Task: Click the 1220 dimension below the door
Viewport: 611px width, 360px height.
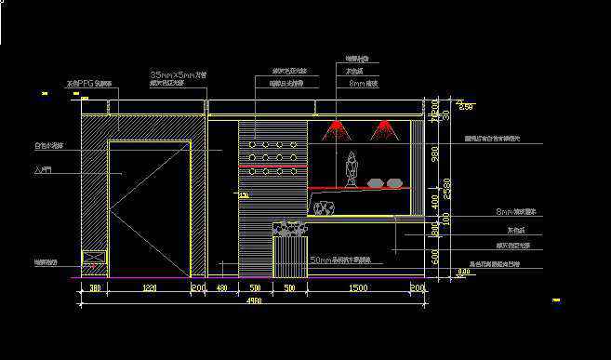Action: tap(149, 289)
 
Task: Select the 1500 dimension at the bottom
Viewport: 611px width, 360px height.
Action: tap(357, 289)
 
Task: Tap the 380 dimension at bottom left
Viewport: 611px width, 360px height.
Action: tap(94, 289)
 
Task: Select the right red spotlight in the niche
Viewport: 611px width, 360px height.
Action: tap(382, 131)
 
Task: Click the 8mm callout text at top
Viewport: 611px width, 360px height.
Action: tap(358, 83)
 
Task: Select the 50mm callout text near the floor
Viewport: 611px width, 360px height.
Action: tap(340, 260)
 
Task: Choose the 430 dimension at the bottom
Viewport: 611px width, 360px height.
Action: tap(222, 289)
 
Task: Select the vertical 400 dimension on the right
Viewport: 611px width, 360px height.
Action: tap(435, 201)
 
